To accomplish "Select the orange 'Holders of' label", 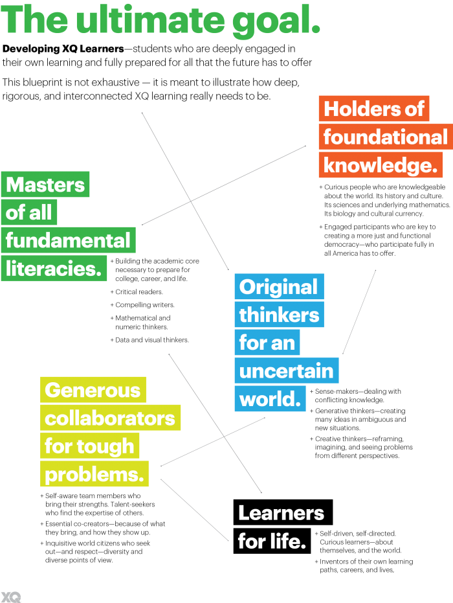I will [373, 109].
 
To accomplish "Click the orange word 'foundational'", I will [385, 137].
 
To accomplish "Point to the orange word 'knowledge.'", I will [381, 165].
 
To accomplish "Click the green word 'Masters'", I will [45, 185].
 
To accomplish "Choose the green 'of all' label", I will [29, 212].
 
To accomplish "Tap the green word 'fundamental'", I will [68, 240].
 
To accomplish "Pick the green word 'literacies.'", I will [54, 268].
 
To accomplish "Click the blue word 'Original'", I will [278, 287].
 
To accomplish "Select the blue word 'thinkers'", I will [279, 315].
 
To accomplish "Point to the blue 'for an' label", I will [267, 343].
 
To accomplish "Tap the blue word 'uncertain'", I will [286, 370].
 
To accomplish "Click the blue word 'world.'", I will [270, 398].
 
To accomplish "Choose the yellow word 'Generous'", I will [93, 390].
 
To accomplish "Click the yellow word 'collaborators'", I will [110, 418].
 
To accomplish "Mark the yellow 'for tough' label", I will [89, 446].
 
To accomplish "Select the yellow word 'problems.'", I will [94, 474].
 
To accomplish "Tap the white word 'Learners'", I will [281, 513].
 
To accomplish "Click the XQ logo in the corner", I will [11, 597].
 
